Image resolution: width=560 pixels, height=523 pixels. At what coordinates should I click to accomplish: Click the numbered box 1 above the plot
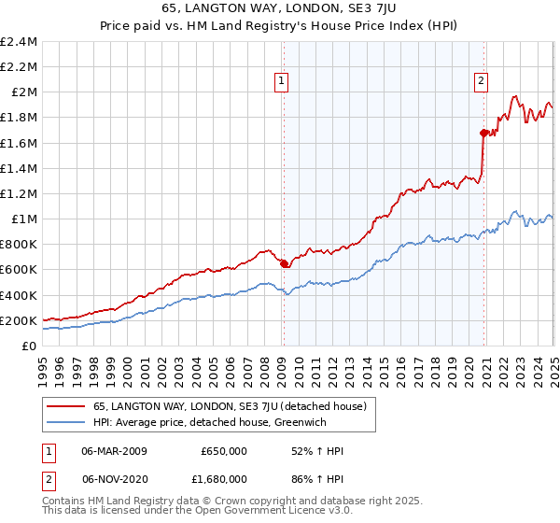282,81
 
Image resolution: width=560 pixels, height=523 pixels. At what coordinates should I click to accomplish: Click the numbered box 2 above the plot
482,81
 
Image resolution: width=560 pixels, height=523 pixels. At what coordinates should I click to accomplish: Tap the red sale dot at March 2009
284,263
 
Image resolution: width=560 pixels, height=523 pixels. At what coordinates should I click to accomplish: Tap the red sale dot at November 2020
484,133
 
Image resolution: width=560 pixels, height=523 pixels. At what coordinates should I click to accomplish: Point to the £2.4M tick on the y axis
19,42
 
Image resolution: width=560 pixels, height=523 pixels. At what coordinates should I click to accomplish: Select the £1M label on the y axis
23,219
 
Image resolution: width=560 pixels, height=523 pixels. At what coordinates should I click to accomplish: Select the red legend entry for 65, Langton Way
232,406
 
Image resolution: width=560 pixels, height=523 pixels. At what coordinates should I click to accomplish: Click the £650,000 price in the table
223,451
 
